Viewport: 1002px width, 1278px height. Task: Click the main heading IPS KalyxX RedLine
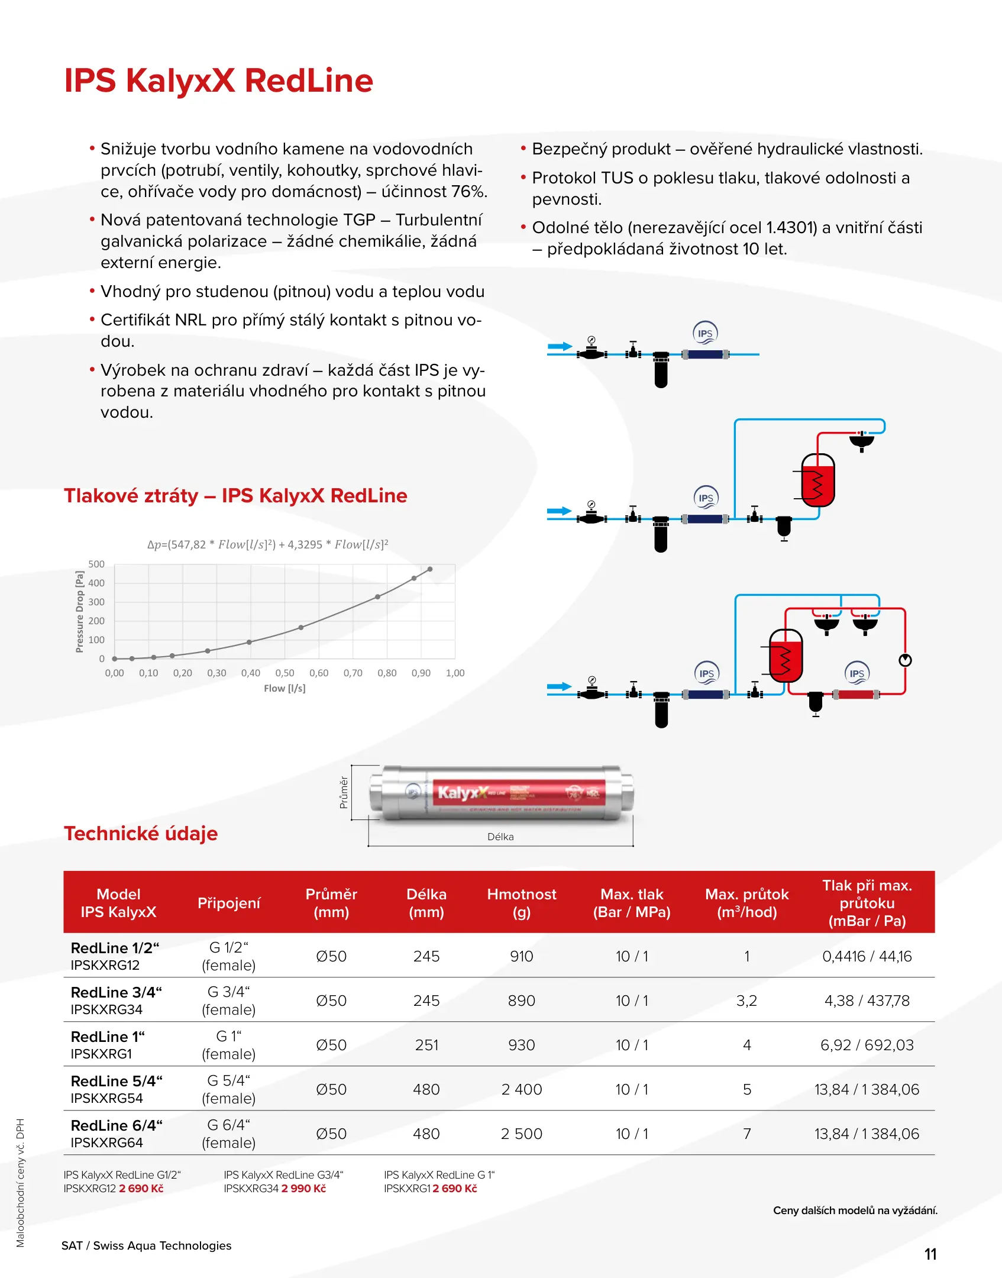point(218,80)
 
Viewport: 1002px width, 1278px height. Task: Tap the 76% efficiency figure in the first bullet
point(468,192)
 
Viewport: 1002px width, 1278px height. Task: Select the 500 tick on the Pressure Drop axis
point(96,564)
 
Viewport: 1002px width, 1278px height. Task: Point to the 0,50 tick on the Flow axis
point(285,673)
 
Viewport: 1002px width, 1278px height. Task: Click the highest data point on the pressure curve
point(430,569)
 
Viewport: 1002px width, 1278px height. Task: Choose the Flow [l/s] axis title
point(285,688)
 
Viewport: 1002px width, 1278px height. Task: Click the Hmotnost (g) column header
point(521,903)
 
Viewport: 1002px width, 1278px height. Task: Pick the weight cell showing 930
point(521,1045)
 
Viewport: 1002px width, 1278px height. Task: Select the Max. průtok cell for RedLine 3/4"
point(746,1001)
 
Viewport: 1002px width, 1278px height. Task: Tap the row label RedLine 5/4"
point(117,1081)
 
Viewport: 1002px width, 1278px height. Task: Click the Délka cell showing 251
point(426,1045)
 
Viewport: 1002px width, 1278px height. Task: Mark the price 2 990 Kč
point(303,1188)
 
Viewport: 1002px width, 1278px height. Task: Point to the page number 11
point(930,1254)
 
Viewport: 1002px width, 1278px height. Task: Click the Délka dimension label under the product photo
point(500,837)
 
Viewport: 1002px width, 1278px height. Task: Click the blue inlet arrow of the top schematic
point(560,346)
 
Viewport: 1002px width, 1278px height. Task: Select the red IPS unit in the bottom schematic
point(856,695)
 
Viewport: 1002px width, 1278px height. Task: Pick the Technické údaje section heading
point(141,833)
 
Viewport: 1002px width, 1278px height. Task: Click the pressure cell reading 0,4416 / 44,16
point(867,956)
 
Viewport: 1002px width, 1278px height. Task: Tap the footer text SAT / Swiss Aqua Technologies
point(146,1245)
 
